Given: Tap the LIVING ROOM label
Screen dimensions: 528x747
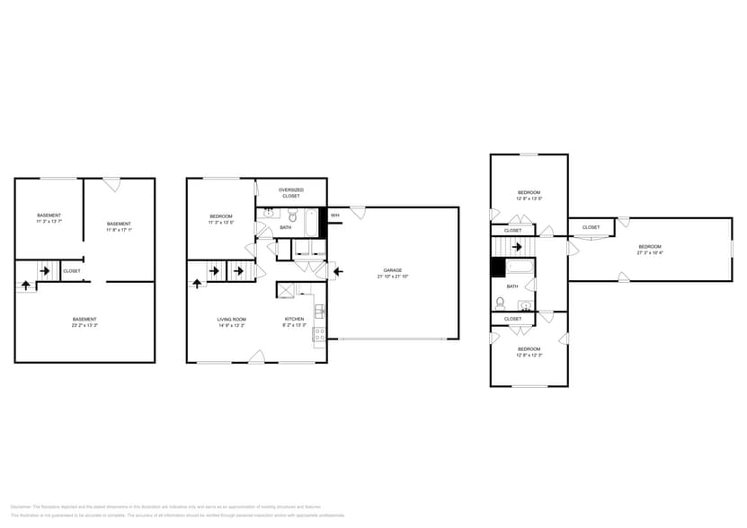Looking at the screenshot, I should coord(231,321).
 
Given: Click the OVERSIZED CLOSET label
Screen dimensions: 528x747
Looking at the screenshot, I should coord(290,192).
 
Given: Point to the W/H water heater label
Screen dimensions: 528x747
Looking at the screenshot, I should coord(334,216).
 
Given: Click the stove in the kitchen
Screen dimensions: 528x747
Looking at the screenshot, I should coord(318,335).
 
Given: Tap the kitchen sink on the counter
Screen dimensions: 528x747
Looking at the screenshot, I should coord(318,312).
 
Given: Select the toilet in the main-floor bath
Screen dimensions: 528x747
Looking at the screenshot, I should coord(292,216).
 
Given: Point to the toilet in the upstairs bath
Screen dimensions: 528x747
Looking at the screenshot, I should coord(500,303).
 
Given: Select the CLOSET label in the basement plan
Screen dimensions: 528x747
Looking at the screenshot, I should coord(72,270).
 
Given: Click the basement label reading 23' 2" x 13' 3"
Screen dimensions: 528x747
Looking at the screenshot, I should coord(84,321).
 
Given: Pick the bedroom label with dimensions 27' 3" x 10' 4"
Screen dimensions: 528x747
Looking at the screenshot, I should coord(649,249).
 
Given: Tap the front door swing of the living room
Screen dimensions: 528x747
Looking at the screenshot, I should coord(258,356).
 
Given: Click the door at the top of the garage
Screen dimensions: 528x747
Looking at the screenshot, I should coord(358,213).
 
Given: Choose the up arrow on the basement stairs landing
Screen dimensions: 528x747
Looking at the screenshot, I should coord(26,285).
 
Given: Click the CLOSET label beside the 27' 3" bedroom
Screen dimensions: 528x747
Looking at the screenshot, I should coord(591,227).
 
